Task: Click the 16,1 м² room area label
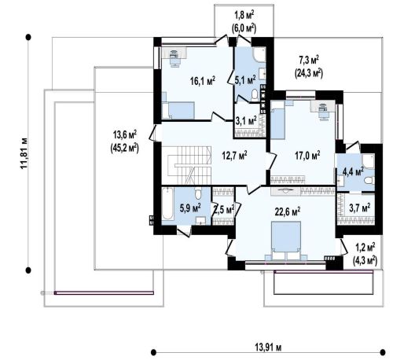[203, 80]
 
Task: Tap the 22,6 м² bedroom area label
[288, 211]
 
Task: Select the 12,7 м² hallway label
[234, 156]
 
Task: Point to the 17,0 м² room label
[307, 156]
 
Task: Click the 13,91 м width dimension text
[268, 347]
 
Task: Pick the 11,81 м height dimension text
[24, 153]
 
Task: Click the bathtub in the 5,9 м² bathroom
[167, 204]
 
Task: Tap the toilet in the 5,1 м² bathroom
[254, 95]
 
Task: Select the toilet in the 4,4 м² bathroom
[369, 180]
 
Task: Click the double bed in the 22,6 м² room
[286, 241]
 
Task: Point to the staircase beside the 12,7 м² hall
[189, 165]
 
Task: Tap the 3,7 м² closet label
[360, 208]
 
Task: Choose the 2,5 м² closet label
[224, 210]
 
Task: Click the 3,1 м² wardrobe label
[246, 120]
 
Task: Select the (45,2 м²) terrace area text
[124, 148]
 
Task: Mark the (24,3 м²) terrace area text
[309, 73]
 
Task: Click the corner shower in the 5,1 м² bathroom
[259, 54]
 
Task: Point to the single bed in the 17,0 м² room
[278, 120]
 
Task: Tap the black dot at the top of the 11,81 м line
[28, 37]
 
